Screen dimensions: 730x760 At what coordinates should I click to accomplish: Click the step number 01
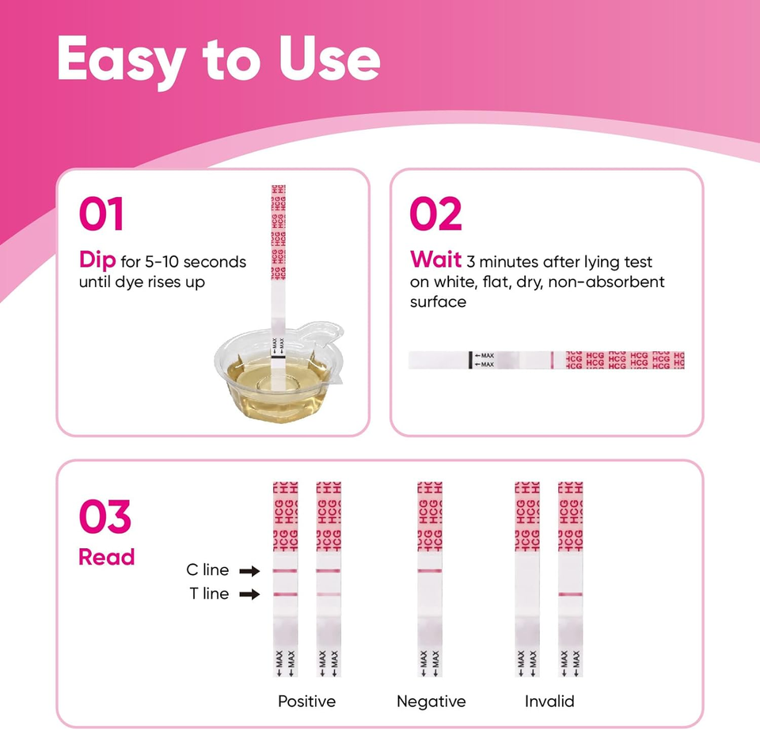point(101,214)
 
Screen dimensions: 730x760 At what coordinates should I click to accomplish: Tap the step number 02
point(435,214)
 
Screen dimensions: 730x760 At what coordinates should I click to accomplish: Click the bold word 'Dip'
point(97,261)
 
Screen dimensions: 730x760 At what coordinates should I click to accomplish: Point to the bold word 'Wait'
point(435,261)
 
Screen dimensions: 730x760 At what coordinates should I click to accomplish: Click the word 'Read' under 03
point(106,558)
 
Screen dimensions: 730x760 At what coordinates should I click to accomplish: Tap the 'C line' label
point(207,570)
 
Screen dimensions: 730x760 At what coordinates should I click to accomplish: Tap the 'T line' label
point(209,594)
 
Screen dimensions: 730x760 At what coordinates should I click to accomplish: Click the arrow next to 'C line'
point(249,570)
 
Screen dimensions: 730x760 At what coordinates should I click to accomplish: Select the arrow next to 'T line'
point(249,594)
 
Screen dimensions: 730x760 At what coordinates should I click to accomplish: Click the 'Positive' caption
point(306,702)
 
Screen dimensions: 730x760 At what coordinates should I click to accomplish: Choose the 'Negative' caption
point(431,702)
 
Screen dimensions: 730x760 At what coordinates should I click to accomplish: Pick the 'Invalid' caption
point(549,702)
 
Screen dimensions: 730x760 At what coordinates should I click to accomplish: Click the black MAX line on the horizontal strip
point(470,360)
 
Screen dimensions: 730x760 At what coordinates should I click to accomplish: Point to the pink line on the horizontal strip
point(551,360)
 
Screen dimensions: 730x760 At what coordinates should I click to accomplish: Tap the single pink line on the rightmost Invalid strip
point(570,594)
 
